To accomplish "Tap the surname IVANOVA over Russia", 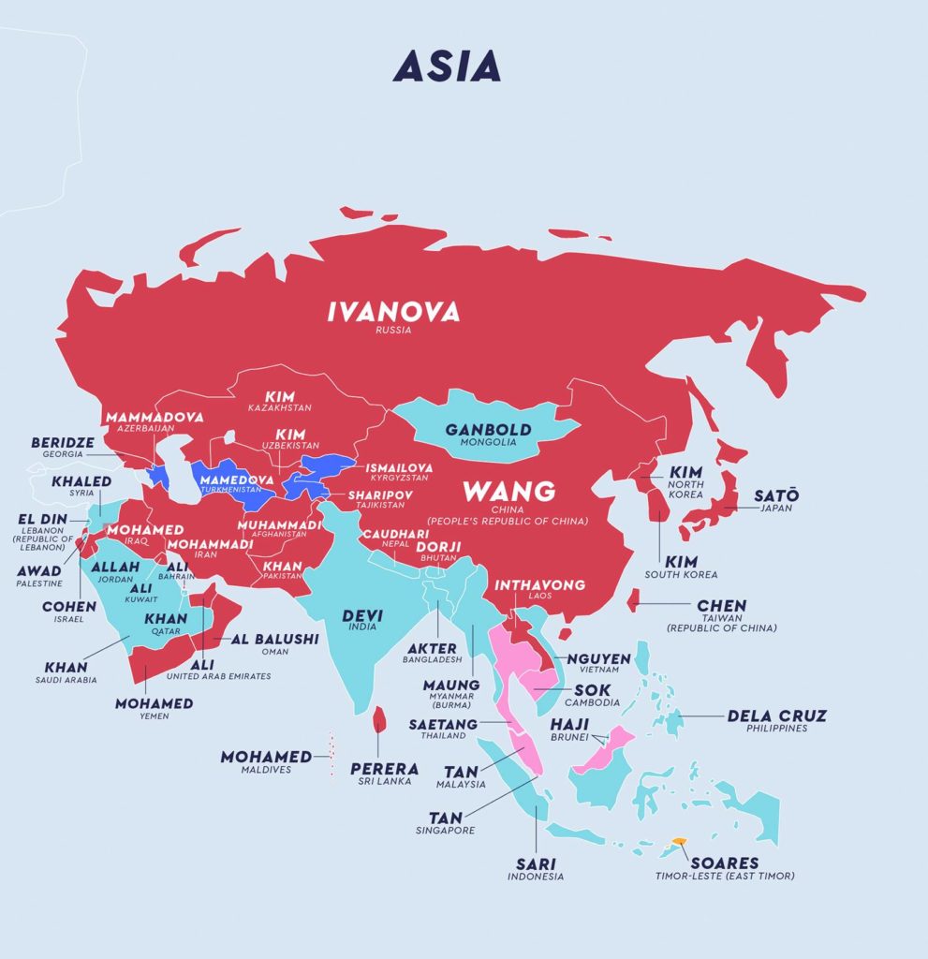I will pos(393,312).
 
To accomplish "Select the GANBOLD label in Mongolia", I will pos(488,430).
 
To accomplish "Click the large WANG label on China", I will pos(509,491).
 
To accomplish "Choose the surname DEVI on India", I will pos(361,614).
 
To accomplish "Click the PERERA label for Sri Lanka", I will pos(384,769).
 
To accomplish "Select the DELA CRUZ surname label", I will pos(777,716).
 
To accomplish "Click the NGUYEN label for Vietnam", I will pos(599,659).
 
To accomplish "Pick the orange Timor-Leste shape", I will pos(680,843).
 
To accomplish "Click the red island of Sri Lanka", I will pos(379,719).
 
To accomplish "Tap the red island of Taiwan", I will pos(633,598).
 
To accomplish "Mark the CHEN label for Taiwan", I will pos(721,606).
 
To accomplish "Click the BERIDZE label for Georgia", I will pos(65,442).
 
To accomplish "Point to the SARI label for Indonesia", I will pos(536,863).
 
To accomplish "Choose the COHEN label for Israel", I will pos(68,607).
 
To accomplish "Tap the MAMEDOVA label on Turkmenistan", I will pos(236,479).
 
